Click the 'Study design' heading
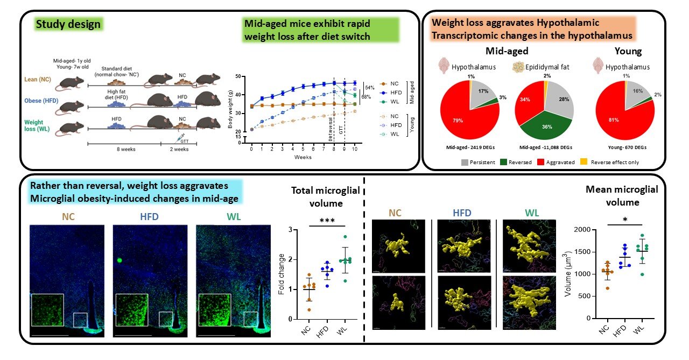68,24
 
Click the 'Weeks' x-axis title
302,157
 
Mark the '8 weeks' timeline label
127,150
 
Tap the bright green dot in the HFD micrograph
119,260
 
